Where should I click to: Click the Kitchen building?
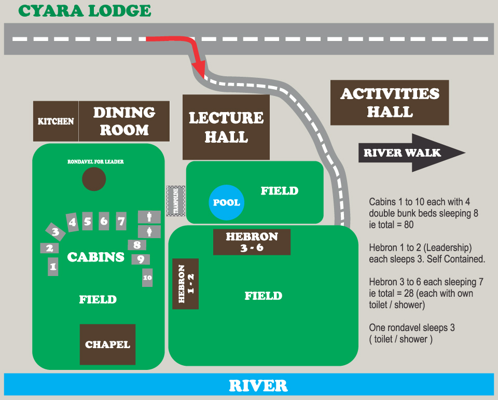click(x=56, y=121)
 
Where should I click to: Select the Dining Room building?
click(x=124, y=121)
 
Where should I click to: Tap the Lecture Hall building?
click(x=226, y=127)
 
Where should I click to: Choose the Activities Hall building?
click(x=390, y=103)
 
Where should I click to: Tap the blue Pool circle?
click(x=226, y=202)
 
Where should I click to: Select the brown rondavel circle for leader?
click(x=94, y=180)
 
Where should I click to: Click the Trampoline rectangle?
click(x=176, y=201)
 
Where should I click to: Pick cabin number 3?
click(x=55, y=232)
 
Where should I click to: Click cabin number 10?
click(x=147, y=278)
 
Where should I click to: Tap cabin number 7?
click(x=121, y=222)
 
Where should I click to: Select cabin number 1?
click(x=52, y=267)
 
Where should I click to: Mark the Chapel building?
click(x=107, y=344)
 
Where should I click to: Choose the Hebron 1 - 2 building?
click(x=185, y=284)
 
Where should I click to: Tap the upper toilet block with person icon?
click(x=149, y=217)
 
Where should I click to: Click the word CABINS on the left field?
click(x=96, y=257)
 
